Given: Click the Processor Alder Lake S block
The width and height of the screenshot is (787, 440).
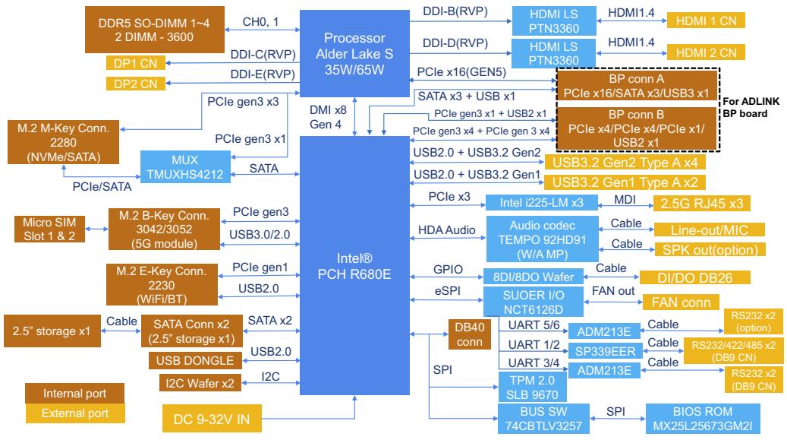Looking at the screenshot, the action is point(354,53).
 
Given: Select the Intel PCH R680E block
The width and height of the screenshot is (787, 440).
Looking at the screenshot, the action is point(354,265).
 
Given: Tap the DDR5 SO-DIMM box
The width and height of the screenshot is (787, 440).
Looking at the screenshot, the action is point(155,30).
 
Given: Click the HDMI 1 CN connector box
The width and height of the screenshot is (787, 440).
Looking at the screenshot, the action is point(706,21).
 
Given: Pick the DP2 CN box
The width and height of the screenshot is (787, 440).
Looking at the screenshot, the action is point(136,84).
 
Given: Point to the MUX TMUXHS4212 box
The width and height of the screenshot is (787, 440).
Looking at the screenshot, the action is point(185,167).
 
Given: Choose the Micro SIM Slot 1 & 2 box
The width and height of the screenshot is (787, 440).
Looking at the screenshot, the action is point(49,229).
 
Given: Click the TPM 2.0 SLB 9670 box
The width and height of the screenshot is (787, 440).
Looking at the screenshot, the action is point(533,388).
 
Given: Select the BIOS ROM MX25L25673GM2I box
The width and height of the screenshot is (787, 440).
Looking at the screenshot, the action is point(703,419).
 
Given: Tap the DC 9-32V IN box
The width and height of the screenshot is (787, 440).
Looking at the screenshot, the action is point(212,419).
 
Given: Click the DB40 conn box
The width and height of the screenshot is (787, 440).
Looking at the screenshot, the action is point(469,334).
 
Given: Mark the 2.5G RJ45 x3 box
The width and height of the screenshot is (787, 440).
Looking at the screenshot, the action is point(702,203).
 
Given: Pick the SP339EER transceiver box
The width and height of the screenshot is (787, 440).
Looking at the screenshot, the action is point(605,351).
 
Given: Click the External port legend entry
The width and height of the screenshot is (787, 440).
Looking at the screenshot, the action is point(75,413).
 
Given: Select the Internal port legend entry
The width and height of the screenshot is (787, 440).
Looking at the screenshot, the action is point(75,393).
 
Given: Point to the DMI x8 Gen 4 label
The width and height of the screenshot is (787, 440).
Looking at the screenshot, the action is point(328,117).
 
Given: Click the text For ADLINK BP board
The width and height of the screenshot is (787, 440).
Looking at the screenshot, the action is point(751,107).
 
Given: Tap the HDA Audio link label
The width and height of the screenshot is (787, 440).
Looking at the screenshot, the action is point(447,229).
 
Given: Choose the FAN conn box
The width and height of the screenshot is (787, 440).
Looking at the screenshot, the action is point(681,302).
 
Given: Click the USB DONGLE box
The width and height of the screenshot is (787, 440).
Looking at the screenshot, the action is point(195,360).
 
